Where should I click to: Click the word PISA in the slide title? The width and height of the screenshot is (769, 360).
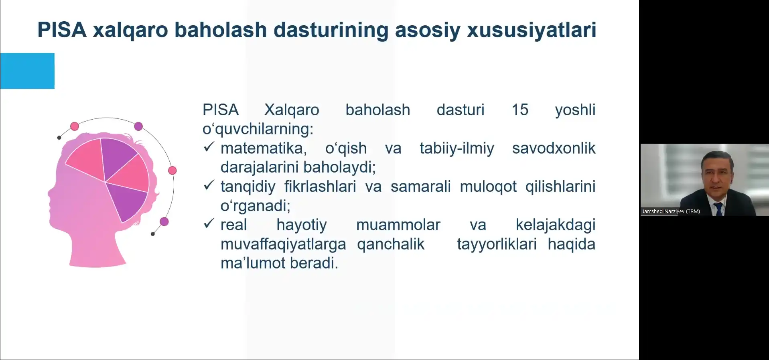pyautogui.click(x=62, y=30)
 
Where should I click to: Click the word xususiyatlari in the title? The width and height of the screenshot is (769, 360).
pyautogui.click(x=532, y=30)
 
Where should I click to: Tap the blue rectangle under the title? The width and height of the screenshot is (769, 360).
pyautogui.click(x=27, y=71)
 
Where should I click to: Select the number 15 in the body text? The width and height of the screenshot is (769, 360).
pyautogui.click(x=520, y=110)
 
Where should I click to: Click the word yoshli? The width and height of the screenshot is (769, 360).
pyautogui.click(x=575, y=110)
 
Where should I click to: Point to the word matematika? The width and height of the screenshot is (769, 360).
pyautogui.click(x=264, y=148)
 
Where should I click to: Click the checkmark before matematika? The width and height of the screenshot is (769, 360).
pyautogui.click(x=209, y=147)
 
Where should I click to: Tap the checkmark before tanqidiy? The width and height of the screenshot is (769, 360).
pyautogui.click(x=209, y=185)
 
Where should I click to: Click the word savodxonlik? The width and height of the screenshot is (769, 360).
pyautogui.click(x=554, y=148)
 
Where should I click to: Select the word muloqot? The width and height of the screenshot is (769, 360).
pyautogui.click(x=488, y=187)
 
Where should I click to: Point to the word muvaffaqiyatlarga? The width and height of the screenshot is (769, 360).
pyautogui.click(x=283, y=244)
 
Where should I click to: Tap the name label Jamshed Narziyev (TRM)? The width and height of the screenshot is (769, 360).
pyautogui.click(x=671, y=212)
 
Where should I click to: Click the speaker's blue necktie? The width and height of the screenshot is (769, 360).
pyautogui.click(x=718, y=209)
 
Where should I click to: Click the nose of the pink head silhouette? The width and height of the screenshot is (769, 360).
pyautogui.click(x=49, y=193)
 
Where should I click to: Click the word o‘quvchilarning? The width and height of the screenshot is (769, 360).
pyautogui.click(x=258, y=129)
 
